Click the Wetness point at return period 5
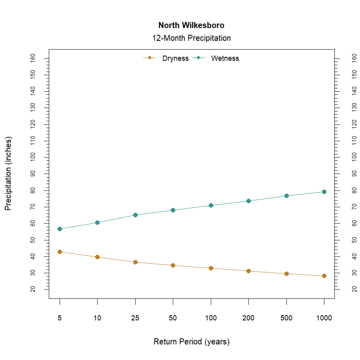tap(60, 229)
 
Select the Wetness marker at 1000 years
tap(324, 192)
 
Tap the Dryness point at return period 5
tap(60, 252)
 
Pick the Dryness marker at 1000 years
tap(324, 276)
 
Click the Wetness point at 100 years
tap(211, 205)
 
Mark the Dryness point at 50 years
tap(173, 265)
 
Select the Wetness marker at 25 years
tap(135, 215)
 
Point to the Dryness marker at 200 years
tap(248, 271)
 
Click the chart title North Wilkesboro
tap(191, 25)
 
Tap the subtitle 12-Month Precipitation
tap(191, 38)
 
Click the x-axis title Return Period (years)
tap(191, 342)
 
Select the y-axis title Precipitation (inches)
tap(8, 174)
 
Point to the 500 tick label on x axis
tap(286, 318)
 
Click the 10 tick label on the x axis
tap(97, 318)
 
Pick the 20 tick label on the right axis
tap(354, 289)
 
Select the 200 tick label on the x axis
tap(248, 318)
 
